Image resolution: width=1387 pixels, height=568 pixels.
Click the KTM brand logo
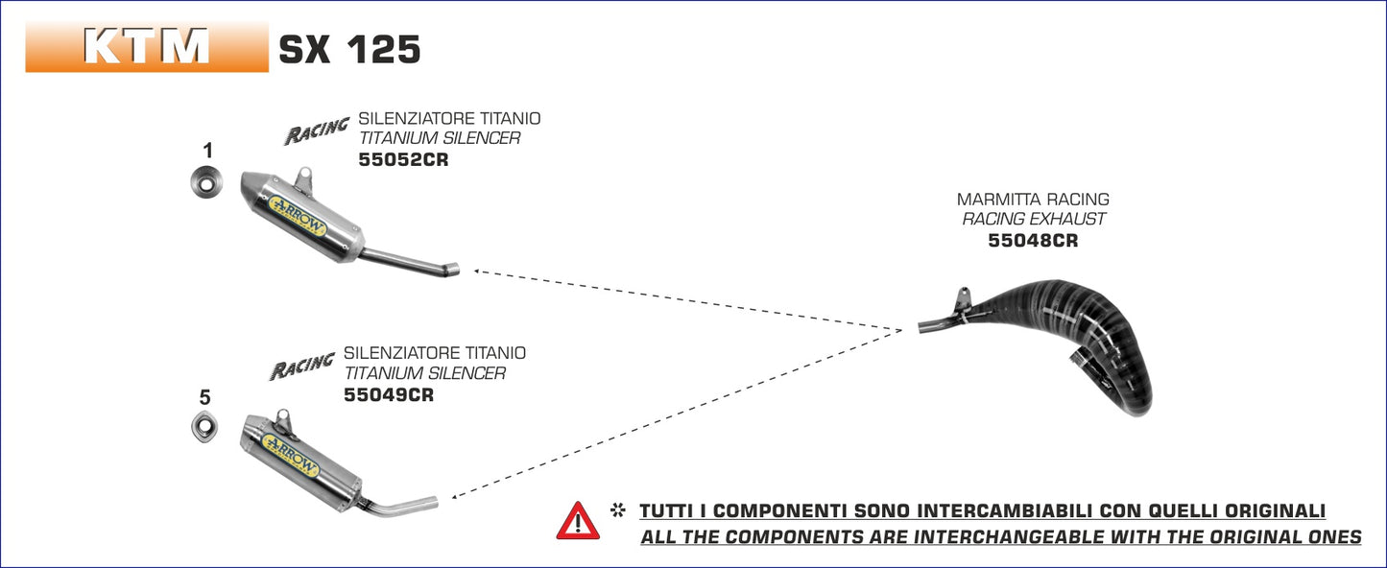147,46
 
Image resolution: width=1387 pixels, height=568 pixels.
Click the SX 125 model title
349,50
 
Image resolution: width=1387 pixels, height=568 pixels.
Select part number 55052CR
403,160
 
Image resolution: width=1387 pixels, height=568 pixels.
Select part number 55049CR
389,394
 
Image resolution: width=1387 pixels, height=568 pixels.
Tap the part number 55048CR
1033,241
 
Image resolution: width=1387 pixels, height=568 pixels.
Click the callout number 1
207,151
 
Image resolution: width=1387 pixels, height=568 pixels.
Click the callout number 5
204,397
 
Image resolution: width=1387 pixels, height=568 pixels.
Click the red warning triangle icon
578,521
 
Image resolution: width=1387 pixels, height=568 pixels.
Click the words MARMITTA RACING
1033,200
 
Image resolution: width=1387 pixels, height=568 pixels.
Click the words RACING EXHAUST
1033,220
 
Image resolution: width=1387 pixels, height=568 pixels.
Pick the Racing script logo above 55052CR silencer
316,131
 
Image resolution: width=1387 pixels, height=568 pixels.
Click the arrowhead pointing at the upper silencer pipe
477,272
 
